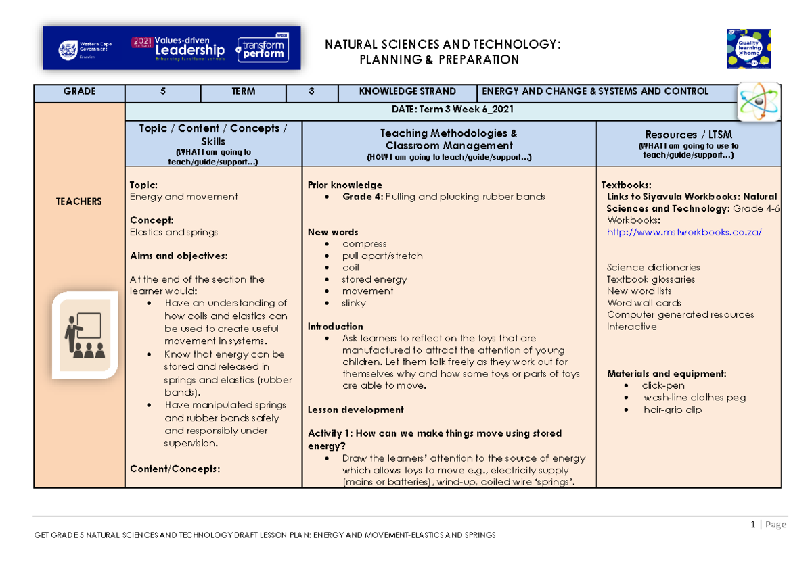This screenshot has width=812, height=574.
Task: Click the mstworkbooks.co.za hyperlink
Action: tap(684, 232)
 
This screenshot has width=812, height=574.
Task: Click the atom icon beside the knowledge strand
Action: tap(758, 101)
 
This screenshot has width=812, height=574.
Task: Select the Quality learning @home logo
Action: tap(749, 49)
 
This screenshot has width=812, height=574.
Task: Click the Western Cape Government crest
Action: tap(68, 50)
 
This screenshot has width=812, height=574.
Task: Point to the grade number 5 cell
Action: tap(162, 91)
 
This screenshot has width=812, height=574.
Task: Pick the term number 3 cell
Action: tap(311, 91)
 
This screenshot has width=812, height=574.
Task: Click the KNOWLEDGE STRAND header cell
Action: tap(407, 91)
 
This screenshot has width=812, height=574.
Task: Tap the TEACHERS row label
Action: tap(79, 201)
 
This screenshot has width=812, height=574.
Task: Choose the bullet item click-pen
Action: tap(663, 385)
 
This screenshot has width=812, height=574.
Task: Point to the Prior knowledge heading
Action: tap(345, 185)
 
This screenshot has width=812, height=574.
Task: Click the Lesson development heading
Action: tap(356, 410)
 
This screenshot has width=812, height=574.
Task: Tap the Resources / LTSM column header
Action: tap(688, 135)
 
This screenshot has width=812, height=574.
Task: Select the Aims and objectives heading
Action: tap(179, 256)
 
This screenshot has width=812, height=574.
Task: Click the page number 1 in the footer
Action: tap(752, 524)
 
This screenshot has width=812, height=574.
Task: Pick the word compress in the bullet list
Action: tap(364, 244)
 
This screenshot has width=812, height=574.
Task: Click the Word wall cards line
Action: tap(644, 303)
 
